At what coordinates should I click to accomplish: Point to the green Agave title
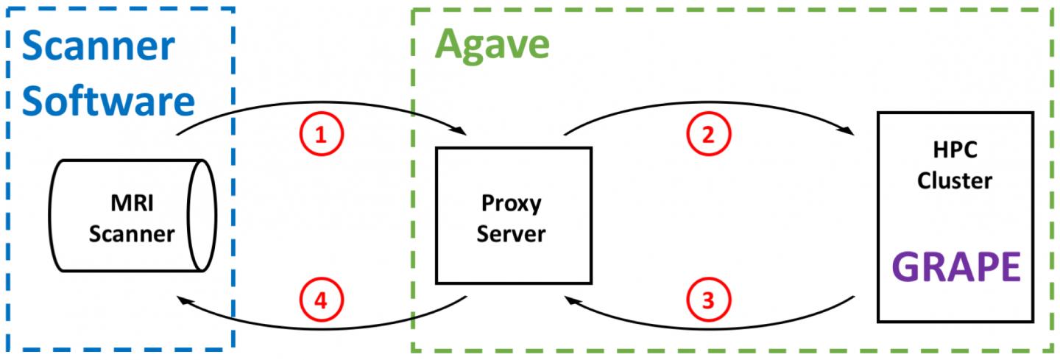(492, 43)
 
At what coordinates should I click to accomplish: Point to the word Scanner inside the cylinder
(131, 234)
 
